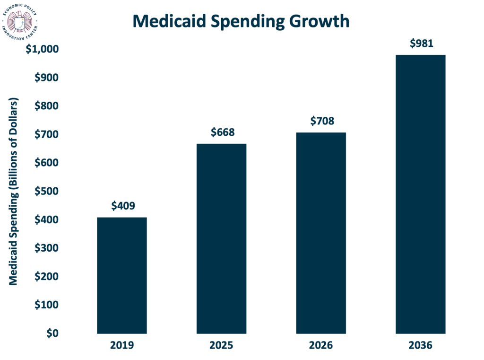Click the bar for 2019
122,275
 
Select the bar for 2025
221,238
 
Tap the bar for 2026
321,233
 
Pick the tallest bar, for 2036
421,194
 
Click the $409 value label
123,206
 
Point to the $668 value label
222,132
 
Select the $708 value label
322,121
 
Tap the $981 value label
421,44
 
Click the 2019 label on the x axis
122,346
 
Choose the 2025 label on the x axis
221,346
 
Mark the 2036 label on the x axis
421,346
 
